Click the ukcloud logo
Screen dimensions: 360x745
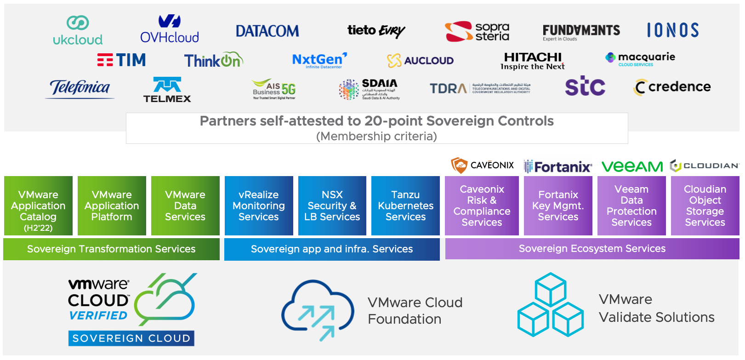coord(78,31)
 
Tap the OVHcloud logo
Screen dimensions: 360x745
coord(170,29)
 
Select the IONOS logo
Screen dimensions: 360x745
coord(672,30)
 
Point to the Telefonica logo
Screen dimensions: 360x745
coord(80,88)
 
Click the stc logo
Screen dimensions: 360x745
coord(585,86)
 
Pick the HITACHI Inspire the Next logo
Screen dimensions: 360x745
coord(533,61)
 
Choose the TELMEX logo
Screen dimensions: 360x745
coord(167,90)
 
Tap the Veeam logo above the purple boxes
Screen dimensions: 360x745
coord(632,166)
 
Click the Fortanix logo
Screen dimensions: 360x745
coord(558,166)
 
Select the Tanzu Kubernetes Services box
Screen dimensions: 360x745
coord(405,206)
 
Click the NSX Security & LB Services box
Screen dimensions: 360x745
coord(332,206)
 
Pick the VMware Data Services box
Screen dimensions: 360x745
coord(185,206)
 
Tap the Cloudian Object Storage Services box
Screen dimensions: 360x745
coord(705,206)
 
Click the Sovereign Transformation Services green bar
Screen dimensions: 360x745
coord(111,249)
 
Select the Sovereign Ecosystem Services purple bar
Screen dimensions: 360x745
coord(592,248)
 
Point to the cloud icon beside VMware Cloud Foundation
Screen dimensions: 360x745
coord(317,310)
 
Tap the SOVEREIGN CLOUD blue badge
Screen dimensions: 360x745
coord(131,338)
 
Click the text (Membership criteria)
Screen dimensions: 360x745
coord(376,136)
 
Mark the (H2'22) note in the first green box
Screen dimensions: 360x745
coord(38,228)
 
